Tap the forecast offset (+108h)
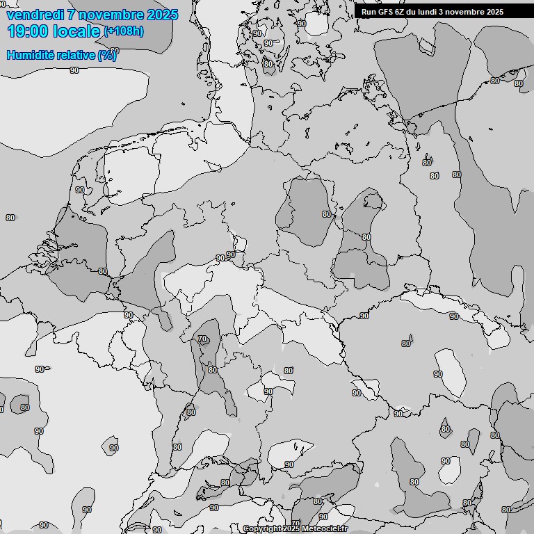124,31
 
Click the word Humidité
30,55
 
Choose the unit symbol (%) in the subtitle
106,55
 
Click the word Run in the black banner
369,12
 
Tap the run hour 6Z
402,12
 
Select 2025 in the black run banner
495,12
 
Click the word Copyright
262,529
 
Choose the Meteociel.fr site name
324,529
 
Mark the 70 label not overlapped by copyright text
202,339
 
